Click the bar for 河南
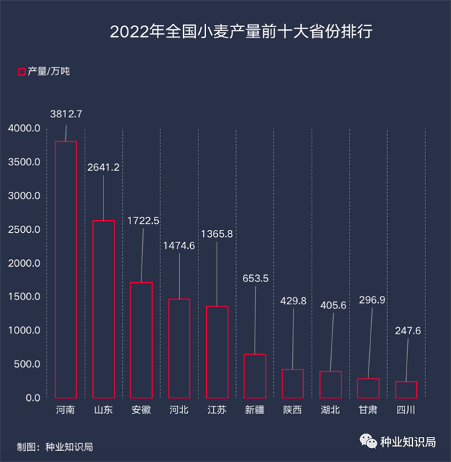click(66, 270)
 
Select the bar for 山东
click(104, 309)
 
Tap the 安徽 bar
click(142, 340)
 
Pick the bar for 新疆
click(255, 376)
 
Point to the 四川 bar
click(405, 390)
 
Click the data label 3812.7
click(66, 114)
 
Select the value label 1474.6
click(179, 246)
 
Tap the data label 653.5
click(255, 279)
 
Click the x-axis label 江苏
click(216, 410)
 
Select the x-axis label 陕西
click(292, 410)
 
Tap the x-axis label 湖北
click(330, 410)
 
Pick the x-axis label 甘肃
click(368, 410)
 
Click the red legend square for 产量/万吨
click(21, 71)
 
